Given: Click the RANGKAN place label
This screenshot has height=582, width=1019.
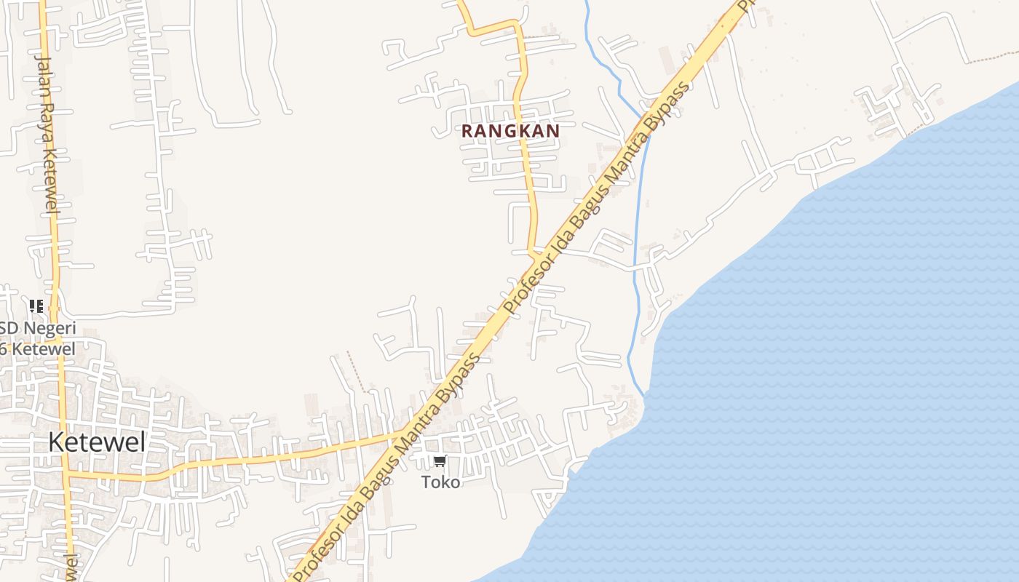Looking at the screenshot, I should click(510, 131).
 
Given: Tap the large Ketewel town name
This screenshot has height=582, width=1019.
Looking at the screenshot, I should click(97, 442).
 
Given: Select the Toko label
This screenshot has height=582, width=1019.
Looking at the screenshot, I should click(440, 482).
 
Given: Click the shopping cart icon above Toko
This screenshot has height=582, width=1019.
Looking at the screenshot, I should click(440, 461).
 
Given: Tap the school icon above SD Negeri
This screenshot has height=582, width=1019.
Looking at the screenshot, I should click(36, 306).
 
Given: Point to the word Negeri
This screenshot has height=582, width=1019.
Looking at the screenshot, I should click(49, 328).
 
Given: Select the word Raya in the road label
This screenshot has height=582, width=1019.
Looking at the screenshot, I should click(48, 124).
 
